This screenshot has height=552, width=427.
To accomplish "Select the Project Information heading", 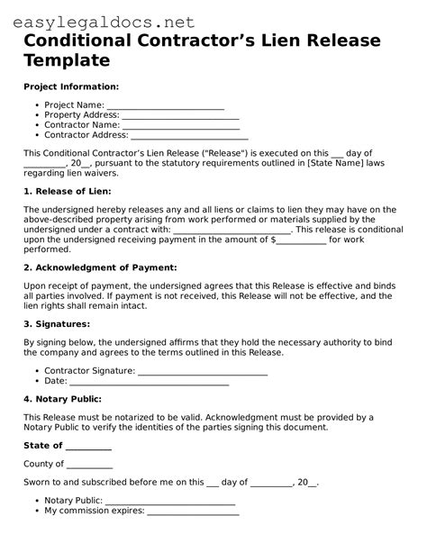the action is [70, 86].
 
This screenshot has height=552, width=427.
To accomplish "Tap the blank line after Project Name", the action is [166, 105].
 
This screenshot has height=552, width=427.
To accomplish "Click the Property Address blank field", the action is [180, 115].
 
